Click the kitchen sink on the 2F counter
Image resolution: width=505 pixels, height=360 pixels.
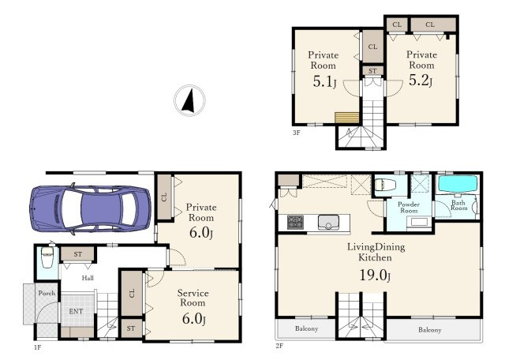coord(328,223)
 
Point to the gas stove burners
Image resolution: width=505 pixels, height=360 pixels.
coord(295,223)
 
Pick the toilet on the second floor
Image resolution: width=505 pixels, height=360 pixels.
coord(385,185)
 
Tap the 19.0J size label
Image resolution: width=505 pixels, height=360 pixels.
coord(375,276)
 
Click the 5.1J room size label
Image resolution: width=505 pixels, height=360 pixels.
coord(324,81)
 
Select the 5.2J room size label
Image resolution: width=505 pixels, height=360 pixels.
coord(421,80)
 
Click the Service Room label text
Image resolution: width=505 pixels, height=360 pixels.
coord(193,298)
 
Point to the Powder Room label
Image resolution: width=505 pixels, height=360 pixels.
coord(409,207)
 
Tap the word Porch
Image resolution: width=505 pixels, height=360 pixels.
coord(47,293)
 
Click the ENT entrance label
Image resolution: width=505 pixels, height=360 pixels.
coord(76,311)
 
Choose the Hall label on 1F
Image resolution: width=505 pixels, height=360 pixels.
coord(88,278)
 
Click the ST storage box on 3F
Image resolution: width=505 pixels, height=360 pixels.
coord(372,71)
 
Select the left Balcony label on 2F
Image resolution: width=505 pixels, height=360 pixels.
coord(307,328)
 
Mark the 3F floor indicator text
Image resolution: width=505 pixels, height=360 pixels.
coord(297,132)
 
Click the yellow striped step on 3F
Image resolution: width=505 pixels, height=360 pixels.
coord(347,118)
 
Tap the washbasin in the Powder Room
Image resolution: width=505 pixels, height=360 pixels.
coord(419,222)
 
